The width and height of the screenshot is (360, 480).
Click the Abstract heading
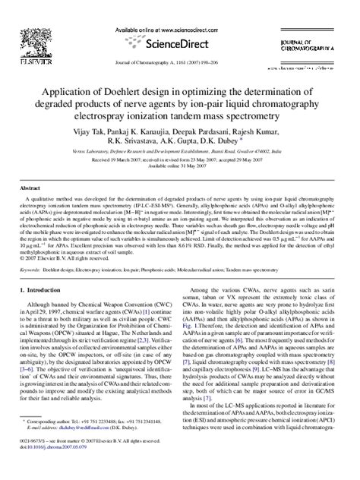click(30, 187)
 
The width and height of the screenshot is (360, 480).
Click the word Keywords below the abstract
click(33, 268)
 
